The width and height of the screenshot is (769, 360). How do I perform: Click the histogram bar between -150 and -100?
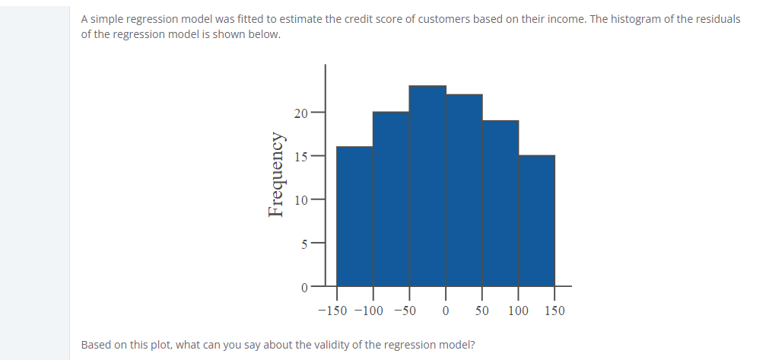354,216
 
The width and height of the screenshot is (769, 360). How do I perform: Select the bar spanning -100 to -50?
391,199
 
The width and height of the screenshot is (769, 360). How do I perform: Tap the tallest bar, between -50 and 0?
427,186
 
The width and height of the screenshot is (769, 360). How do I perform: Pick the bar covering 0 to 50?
464,190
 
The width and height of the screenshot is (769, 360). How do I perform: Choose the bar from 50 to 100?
500,203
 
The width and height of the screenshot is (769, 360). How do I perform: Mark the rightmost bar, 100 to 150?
536,220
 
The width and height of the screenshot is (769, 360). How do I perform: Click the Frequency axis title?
277,174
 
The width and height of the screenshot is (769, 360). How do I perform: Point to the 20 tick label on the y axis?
300,114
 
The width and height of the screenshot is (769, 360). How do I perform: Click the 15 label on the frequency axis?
300,157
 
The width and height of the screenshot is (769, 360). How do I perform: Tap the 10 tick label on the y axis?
300,200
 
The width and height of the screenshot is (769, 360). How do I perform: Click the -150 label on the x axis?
332,311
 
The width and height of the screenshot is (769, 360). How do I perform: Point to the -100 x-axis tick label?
369,311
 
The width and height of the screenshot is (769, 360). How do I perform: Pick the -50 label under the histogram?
405,311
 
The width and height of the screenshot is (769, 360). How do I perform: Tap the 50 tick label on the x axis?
482,311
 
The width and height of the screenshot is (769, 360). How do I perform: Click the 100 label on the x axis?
519,311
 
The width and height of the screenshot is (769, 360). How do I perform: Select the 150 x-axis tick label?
555,311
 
